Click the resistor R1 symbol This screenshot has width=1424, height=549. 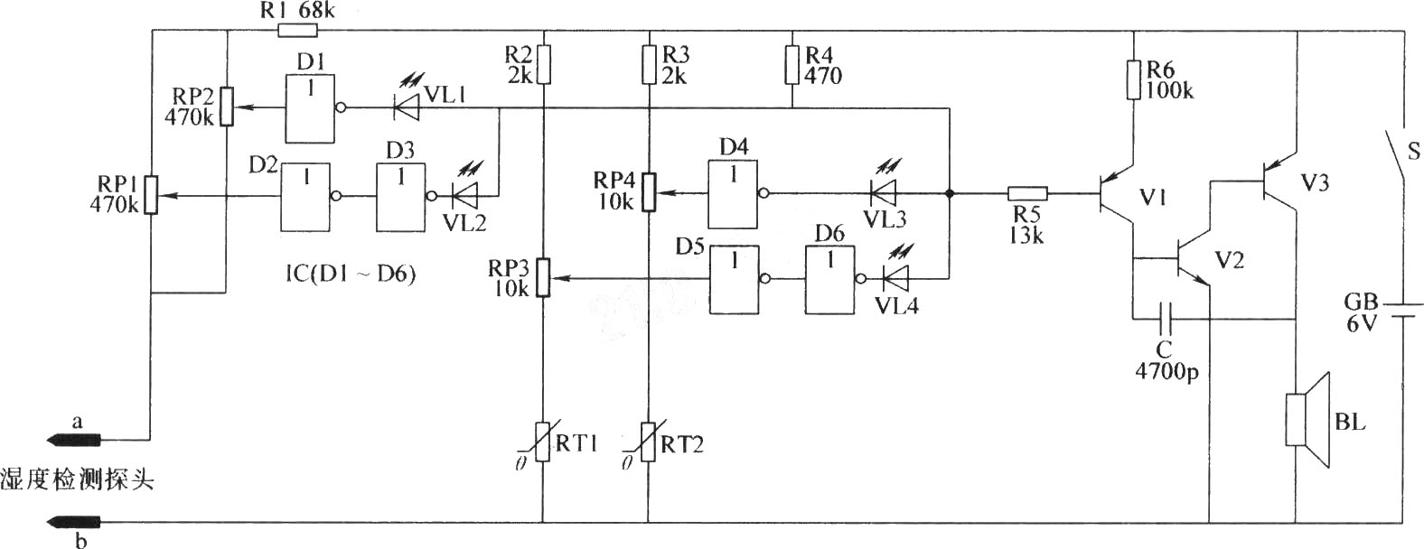click(297, 30)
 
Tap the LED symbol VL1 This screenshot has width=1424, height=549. click(407, 107)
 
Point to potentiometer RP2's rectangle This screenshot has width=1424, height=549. click(226, 107)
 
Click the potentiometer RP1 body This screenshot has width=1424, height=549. click(151, 194)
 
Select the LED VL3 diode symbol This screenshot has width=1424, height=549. click(883, 192)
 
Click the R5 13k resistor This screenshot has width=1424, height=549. click(1027, 193)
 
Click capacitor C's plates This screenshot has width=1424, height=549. click(1166, 318)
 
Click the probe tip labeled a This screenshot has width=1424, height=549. click(74, 439)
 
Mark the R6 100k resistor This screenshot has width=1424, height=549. click(1133, 80)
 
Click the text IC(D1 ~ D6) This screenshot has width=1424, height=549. click(351, 274)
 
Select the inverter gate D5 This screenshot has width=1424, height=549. click(735, 280)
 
